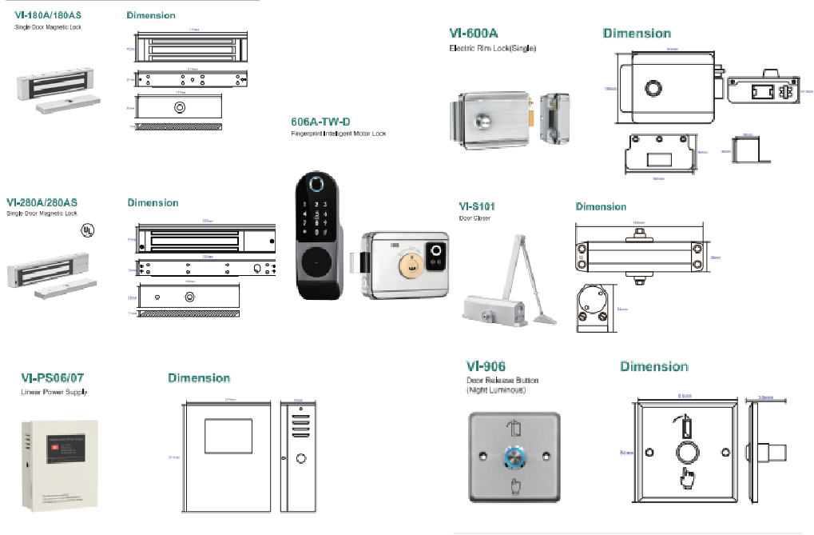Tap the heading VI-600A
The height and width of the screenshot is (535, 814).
[474, 34]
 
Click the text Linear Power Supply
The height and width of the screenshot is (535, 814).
[54, 393]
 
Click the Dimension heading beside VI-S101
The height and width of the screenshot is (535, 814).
[601, 207]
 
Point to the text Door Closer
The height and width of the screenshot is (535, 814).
[475, 218]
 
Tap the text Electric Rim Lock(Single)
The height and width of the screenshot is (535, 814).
[492, 48]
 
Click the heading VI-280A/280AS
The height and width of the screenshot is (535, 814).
[54, 202]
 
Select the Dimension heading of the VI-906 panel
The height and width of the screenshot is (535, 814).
[653, 367]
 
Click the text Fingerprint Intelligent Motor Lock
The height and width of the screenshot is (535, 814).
[338, 134]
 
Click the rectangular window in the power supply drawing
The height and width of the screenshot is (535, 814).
[228, 437]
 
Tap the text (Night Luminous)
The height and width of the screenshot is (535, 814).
[495, 390]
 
